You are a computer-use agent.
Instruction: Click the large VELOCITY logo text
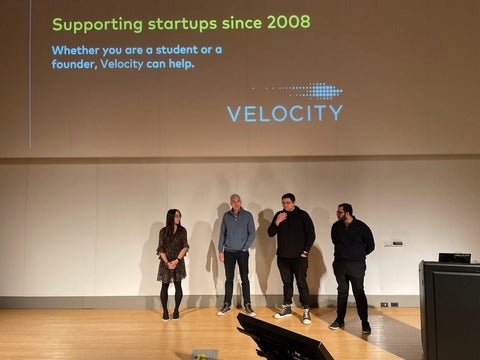pos(284,113)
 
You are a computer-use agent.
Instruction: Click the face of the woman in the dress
pos(173,218)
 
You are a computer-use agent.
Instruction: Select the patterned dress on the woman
pos(172,254)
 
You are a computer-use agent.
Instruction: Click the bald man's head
pos(236,202)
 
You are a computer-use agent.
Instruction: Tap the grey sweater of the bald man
pos(237,232)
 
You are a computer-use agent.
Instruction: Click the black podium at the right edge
pos(449,310)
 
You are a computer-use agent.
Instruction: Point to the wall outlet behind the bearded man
pos(386,304)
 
